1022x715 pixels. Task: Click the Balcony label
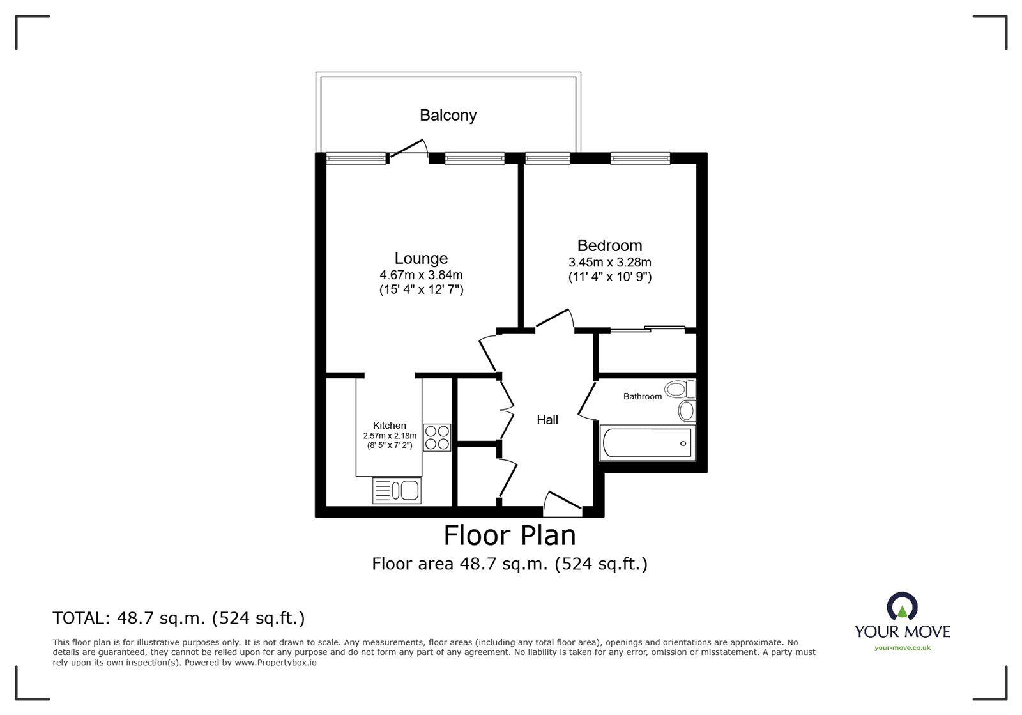click(x=448, y=116)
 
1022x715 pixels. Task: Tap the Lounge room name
click(x=421, y=259)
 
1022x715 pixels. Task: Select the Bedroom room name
click(x=609, y=245)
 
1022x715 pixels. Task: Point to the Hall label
click(x=547, y=420)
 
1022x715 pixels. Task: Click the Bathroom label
click(x=643, y=397)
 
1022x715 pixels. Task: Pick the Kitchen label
click(x=389, y=426)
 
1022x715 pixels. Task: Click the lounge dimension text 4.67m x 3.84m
click(x=421, y=275)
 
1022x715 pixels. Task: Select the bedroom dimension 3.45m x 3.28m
click(x=609, y=263)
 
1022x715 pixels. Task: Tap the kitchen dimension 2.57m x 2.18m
click(x=390, y=436)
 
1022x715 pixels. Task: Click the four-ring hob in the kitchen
click(x=437, y=438)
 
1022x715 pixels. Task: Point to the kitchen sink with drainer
click(x=397, y=491)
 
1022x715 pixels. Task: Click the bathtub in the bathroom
click(x=647, y=443)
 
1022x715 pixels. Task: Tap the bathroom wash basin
click(x=687, y=411)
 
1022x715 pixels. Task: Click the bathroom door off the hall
click(x=587, y=401)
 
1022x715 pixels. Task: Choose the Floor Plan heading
click(x=510, y=535)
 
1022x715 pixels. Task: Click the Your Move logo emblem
click(x=902, y=606)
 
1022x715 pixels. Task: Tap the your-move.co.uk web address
click(x=903, y=648)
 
